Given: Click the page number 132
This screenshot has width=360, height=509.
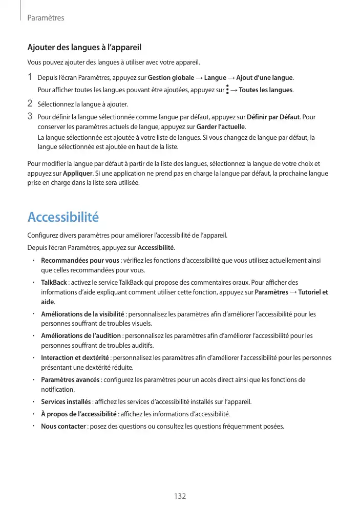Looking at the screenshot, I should tap(180, 496).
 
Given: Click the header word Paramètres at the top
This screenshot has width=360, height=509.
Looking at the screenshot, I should tap(46, 18).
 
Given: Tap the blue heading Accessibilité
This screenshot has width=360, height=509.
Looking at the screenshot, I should tap(63, 217).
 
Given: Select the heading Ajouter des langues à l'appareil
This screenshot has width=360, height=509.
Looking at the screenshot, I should tap(84, 48).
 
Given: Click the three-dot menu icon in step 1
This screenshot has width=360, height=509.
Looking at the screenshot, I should tap(227, 90).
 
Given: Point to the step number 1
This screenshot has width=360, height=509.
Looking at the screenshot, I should tap(30, 77).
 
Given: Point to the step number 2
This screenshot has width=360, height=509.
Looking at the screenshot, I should tap(30, 104).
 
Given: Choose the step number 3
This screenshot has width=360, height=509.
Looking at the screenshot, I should tap(30, 117).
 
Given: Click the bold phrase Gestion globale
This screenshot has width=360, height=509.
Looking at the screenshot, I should tap(171, 78).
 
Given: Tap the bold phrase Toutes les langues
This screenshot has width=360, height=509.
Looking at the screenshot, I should tap(266, 91).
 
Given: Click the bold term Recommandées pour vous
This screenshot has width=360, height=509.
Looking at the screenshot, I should tap(80, 261).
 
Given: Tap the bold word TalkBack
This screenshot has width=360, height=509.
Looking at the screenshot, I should tap(54, 283).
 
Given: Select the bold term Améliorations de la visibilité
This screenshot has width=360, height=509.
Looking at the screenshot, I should tap(82, 314).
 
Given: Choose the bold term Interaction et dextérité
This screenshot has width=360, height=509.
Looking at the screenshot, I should tap(75, 358).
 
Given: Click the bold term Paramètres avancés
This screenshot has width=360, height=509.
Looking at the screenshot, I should tap(70, 380).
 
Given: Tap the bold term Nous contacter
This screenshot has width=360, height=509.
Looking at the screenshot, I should tap(63, 427).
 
